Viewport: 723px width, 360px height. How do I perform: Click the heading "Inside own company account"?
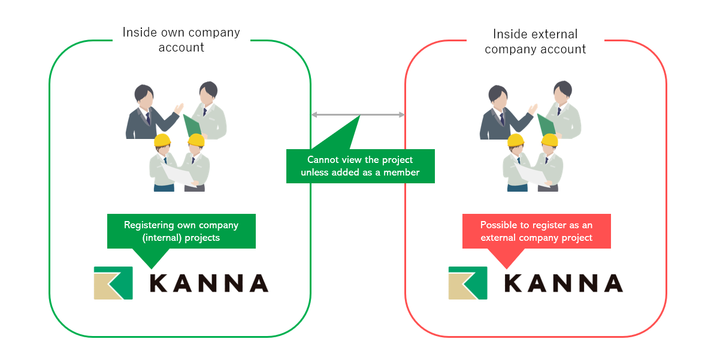click(181, 40)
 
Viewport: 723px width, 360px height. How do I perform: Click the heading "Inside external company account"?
click(535, 41)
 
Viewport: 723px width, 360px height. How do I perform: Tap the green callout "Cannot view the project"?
click(360, 166)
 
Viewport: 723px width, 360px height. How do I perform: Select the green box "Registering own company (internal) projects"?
click(181, 231)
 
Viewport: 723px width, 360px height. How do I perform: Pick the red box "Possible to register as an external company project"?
click(536, 231)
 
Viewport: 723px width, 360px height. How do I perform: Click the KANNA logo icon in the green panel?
click(113, 283)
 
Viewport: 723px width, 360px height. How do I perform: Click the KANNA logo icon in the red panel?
click(468, 283)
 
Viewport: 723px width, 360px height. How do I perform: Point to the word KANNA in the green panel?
click(208, 283)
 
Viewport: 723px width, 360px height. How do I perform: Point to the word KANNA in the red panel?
click(563, 283)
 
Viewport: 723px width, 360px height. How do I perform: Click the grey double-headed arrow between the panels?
click(358, 114)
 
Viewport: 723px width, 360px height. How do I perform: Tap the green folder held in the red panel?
click(546, 125)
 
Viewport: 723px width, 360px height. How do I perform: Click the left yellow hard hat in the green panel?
click(162, 140)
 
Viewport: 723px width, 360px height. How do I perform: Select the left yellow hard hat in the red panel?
click(516, 140)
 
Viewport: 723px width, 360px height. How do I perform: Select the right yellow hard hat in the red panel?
click(550, 140)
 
